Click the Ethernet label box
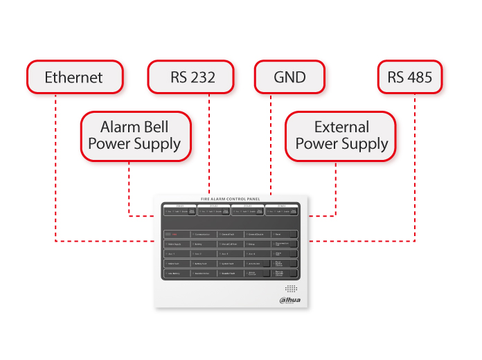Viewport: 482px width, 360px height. coord(75,77)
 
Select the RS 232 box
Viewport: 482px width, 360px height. coord(193,77)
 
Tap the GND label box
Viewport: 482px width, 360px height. coord(289,77)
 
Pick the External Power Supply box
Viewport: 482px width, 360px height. coord(341,136)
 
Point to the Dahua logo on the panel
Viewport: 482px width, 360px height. coord(292,299)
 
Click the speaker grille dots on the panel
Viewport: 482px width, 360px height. coord(292,288)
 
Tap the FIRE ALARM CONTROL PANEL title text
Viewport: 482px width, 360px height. coord(232,199)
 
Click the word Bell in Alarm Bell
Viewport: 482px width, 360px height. coord(154,127)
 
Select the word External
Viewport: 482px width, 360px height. coord(341,127)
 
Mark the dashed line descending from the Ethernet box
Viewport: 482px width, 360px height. coord(55,166)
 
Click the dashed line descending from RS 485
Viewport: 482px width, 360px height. coord(415,166)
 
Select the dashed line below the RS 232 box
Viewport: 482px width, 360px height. coord(209,138)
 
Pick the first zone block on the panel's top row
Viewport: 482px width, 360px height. coord(179,209)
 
